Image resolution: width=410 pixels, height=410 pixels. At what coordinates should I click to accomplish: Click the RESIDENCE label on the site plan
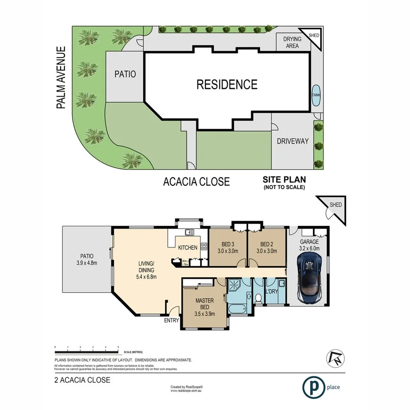[226, 84]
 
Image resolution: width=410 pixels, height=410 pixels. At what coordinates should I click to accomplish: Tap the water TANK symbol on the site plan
[315, 95]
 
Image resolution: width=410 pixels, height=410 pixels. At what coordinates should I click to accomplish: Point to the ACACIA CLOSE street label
[196, 182]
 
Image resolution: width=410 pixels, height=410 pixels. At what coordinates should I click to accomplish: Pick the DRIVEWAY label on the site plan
[292, 141]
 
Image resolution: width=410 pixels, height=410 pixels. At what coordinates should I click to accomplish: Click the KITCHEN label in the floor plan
[187, 248]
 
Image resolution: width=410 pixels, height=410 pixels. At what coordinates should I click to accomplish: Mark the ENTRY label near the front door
[171, 321]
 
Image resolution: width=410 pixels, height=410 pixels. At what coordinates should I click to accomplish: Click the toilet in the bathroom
[258, 299]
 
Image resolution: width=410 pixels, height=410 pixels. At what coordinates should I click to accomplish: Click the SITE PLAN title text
[283, 180]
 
